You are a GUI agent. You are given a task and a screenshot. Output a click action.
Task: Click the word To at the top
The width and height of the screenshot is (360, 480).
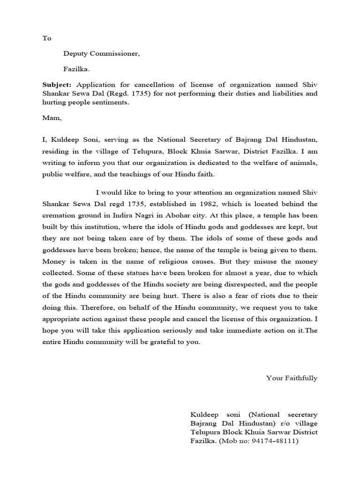point(46,38)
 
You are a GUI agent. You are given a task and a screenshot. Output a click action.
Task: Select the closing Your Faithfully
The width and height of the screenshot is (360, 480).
point(292,378)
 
